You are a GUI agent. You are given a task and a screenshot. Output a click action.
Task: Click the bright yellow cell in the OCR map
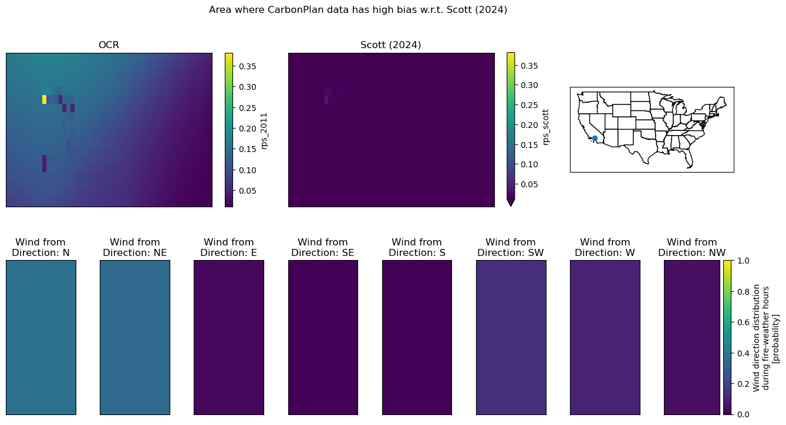tap(44, 99)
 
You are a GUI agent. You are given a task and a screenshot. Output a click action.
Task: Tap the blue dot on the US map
tap(595, 139)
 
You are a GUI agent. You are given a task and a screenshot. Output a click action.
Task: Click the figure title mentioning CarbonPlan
tap(358, 10)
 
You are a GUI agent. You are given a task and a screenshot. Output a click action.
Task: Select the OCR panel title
tap(109, 45)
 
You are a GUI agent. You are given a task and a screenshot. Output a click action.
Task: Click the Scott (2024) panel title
tap(390, 45)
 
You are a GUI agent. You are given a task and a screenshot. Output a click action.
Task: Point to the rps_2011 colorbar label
tap(264, 131)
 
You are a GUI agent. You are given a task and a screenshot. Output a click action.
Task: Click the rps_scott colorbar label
tap(546, 127)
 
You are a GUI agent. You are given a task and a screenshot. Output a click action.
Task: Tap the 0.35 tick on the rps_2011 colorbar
tap(247, 66)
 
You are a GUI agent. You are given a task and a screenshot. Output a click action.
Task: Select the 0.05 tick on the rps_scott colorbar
tap(529, 184)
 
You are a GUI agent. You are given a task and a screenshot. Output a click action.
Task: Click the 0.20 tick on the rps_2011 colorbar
tap(247, 129)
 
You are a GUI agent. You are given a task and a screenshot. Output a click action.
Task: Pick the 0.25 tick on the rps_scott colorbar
tap(529, 105)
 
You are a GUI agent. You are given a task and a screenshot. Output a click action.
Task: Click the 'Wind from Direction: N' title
tap(41, 247)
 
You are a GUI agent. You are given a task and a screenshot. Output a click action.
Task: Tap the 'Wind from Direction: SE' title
tap(323, 247)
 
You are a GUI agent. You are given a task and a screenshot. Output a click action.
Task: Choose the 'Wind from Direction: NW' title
tap(691, 247)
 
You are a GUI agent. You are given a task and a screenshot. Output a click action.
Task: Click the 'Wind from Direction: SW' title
tap(511, 247)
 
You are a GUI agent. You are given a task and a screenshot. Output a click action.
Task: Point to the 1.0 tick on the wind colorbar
tap(743, 261)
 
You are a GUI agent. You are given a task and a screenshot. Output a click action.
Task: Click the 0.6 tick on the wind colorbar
tap(743, 322)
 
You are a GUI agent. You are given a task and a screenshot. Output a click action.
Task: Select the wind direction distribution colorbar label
tap(765, 338)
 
